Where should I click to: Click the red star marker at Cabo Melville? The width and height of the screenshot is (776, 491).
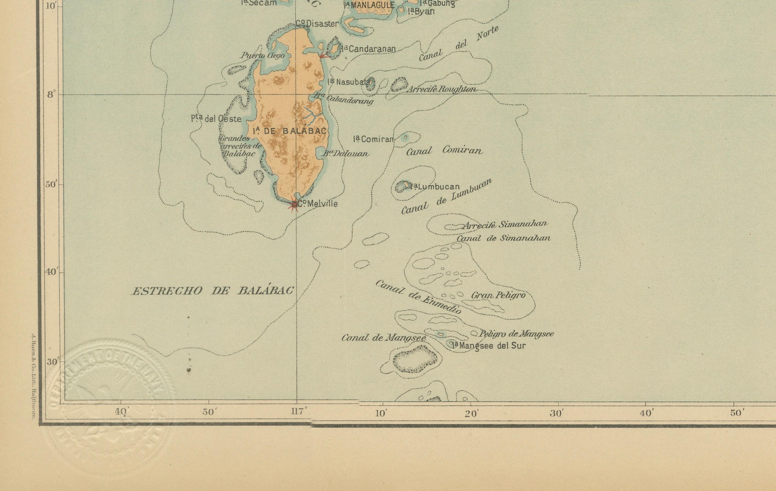tap(294, 204)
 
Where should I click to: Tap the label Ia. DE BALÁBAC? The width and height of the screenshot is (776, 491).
tap(289, 131)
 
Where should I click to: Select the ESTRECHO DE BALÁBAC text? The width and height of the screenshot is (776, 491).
tap(213, 291)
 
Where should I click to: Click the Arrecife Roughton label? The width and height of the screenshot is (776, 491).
tap(442, 89)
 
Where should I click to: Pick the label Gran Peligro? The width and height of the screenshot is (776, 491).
tap(498, 295)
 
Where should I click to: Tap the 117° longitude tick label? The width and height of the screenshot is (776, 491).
tap(299, 412)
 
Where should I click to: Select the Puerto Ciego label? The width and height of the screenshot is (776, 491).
tap(263, 55)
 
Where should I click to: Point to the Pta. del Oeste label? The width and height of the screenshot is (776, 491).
tap(216, 119)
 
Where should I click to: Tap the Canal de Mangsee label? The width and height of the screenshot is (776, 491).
tap(384, 338)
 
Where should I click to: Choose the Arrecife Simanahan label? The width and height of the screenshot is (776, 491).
tap(505, 224)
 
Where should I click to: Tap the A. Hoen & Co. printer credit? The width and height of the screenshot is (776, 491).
tap(34, 376)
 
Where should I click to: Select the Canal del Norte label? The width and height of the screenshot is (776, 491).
tap(459, 44)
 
